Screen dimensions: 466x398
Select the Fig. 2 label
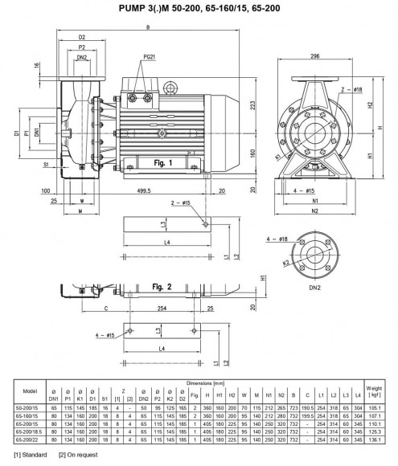coord(163,285)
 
